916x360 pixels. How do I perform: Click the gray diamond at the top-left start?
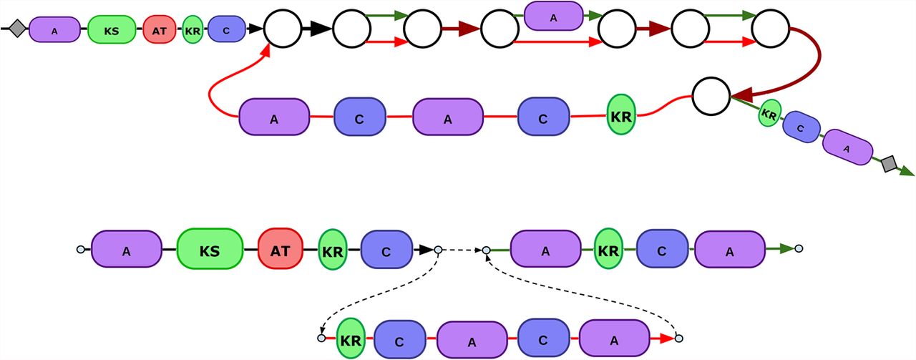(x=18, y=29)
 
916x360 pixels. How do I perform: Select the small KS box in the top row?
(x=112, y=30)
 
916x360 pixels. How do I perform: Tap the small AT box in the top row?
(x=159, y=30)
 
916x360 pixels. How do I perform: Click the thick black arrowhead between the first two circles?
(x=320, y=29)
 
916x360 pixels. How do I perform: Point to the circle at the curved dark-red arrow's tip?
(x=711, y=94)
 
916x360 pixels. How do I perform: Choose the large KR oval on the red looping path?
(x=622, y=116)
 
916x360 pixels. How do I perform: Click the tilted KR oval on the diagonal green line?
(x=770, y=113)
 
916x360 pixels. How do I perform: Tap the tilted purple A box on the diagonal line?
(x=847, y=148)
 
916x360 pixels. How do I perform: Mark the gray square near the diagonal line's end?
(x=890, y=165)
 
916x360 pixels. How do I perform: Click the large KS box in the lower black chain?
(x=210, y=249)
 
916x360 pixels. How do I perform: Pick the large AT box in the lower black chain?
(x=281, y=249)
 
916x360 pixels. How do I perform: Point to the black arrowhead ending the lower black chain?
(x=426, y=249)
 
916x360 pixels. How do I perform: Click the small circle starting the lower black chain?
(x=81, y=249)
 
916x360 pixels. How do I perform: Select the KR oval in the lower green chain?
(x=608, y=249)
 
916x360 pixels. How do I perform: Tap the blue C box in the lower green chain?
(x=662, y=249)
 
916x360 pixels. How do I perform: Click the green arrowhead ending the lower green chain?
(x=786, y=249)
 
